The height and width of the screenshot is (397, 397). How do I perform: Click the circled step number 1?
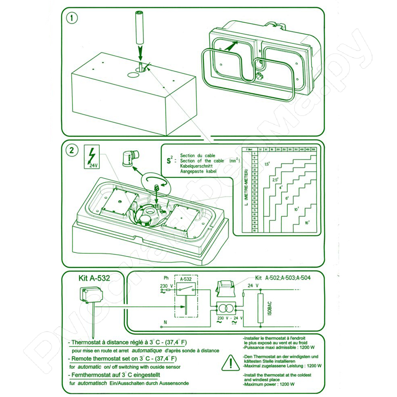[x=72, y=19]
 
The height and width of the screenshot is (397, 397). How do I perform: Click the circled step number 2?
[x=71, y=150]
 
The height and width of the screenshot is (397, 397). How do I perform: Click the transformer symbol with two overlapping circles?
[x=225, y=308]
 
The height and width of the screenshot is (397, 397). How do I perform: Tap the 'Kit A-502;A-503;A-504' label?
[x=283, y=278]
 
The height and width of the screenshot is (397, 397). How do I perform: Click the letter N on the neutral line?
[x=165, y=322]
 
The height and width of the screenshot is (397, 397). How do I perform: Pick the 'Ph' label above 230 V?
[x=166, y=278]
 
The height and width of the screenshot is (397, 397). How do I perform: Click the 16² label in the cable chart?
[x=307, y=223]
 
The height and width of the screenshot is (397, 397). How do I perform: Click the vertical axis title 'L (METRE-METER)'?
[x=247, y=189]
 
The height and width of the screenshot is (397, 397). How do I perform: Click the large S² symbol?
[x=169, y=161]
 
